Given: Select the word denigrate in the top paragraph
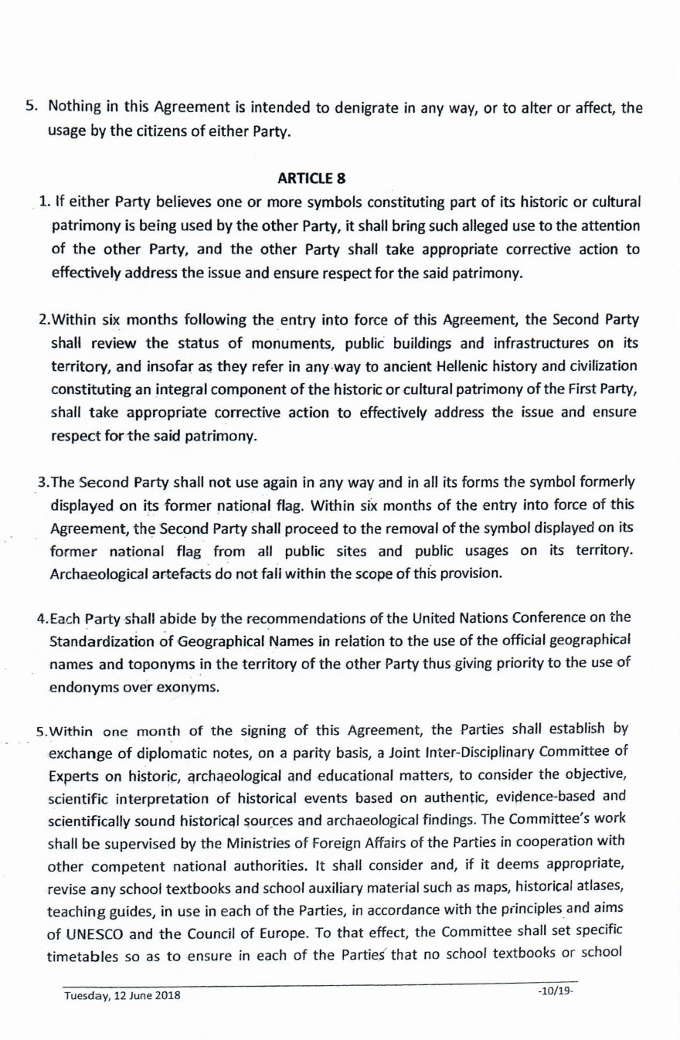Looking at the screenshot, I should click(362, 108).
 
